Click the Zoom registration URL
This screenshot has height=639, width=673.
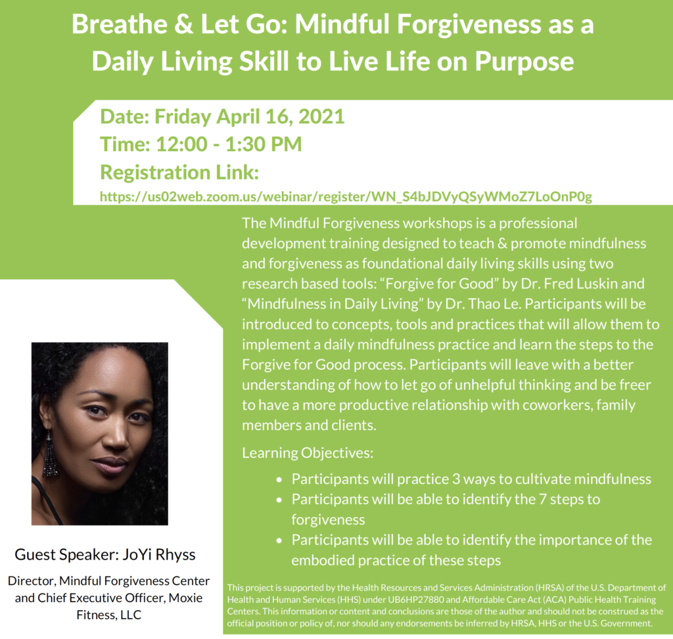tap(346, 196)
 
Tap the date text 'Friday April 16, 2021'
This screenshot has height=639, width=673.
tap(250, 116)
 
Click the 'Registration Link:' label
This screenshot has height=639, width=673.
tap(179, 173)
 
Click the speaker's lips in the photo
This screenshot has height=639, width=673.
tap(109, 465)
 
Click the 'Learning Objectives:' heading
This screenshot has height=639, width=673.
tap(307, 453)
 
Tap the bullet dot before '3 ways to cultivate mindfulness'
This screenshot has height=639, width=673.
tap(281, 479)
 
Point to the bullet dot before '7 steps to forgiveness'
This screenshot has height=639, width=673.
tap(281, 500)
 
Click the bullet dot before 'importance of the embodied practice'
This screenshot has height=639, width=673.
tap(281, 540)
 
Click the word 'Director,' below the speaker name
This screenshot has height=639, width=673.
tap(32, 581)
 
